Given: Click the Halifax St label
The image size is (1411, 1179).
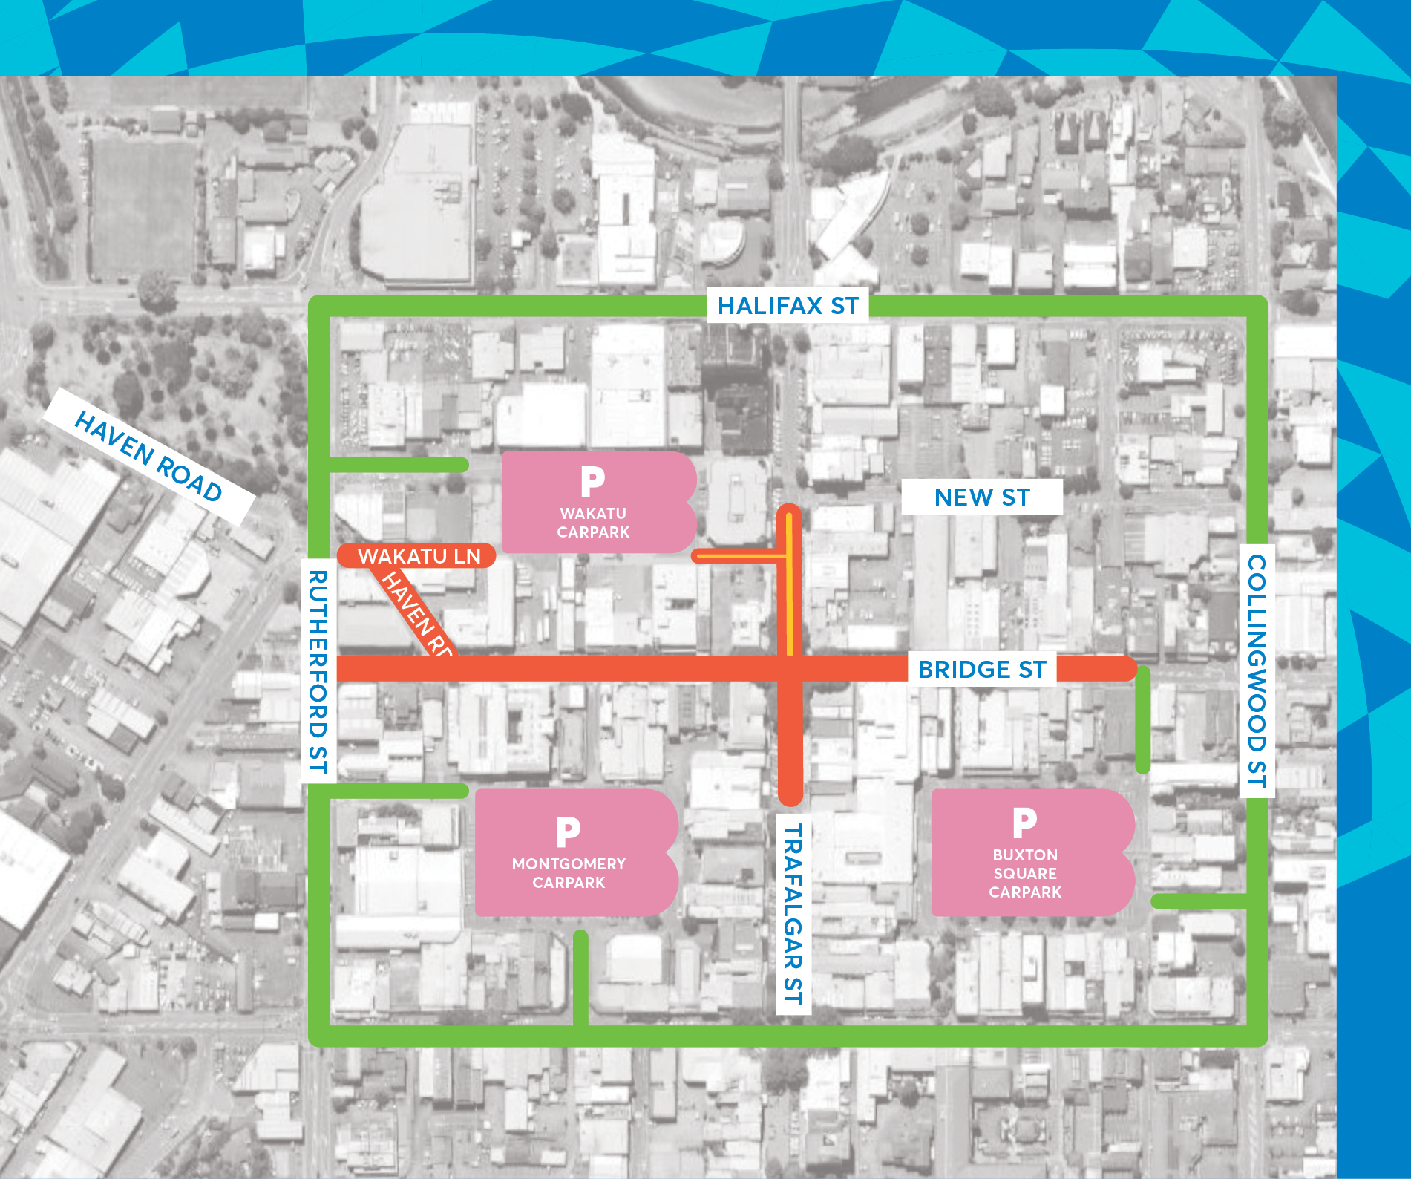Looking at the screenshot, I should [788, 306].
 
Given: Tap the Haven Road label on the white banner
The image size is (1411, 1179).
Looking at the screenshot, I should [148, 456].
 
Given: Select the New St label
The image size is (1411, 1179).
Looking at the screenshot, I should [981, 497].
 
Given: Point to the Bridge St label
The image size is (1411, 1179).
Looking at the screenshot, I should [981, 670].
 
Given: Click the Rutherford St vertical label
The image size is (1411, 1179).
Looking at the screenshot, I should [318, 671].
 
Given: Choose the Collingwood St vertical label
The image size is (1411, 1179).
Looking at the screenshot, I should [1257, 670].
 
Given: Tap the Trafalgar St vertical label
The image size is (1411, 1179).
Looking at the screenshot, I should [793, 913].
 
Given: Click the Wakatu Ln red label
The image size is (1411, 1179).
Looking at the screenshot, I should [419, 556].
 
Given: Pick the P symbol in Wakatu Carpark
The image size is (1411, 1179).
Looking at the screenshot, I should [592, 481].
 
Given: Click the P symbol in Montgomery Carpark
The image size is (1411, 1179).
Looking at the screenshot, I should [568, 832].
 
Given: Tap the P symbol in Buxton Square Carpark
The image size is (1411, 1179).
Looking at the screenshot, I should [1024, 823].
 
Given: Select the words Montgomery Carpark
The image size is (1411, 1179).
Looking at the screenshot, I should [569, 873].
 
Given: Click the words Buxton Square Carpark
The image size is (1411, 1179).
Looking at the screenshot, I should [1025, 873].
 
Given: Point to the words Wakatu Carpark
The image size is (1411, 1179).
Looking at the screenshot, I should [593, 523].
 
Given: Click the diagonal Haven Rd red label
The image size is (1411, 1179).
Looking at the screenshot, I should [416, 613].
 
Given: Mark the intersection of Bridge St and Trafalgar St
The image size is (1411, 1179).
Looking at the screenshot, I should [790, 670].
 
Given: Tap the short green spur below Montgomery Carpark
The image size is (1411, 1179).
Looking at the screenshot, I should [580, 976].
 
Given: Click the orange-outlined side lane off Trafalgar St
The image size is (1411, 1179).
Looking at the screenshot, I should [739, 555].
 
